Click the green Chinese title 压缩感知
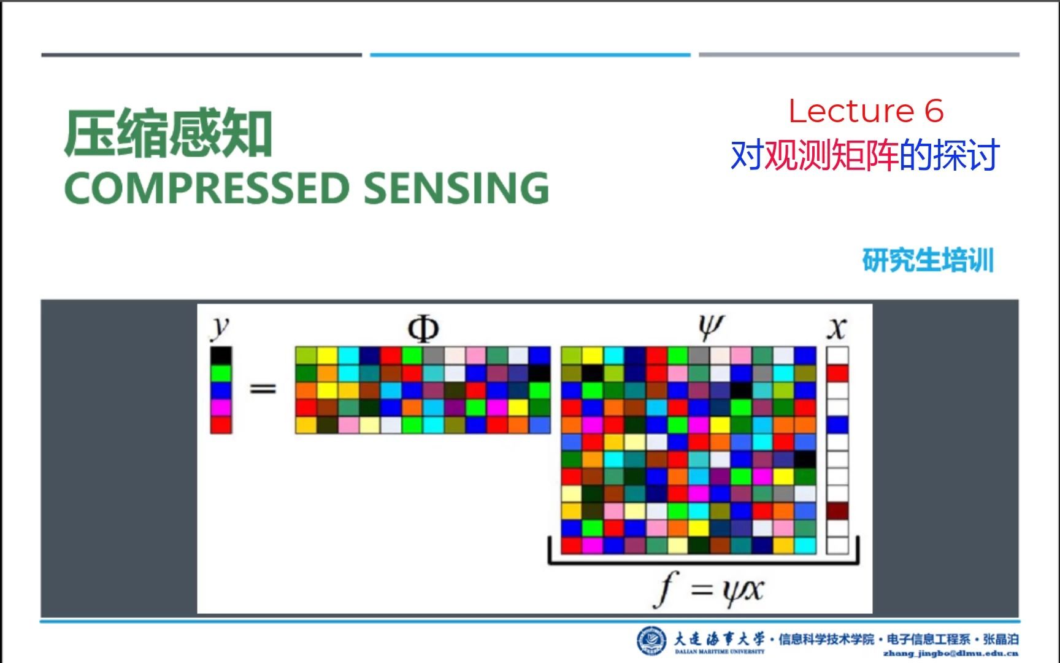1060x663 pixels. tap(168, 134)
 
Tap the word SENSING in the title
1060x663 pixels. tap(456, 188)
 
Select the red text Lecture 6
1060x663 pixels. tap(866, 111)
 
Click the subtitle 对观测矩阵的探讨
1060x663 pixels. tap(865, 155)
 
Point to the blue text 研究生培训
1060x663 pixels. tap(927, 260)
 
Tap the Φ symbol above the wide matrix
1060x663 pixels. tap(423, 329)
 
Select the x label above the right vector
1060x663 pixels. tap(837, 328)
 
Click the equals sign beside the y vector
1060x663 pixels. tap(263, 389)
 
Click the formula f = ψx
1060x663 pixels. tap(709, 590)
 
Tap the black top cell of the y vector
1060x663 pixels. tap(221, 355)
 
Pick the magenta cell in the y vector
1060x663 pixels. tap(221, 407)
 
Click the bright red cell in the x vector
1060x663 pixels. tap(837, 373)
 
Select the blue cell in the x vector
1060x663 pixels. tap(837, 424)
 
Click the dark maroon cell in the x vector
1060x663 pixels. tap(837, 511)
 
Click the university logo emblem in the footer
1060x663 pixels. tap(651, 641)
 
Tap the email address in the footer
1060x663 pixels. tap(950, 654)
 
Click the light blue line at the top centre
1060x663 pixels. tap(530, 55)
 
